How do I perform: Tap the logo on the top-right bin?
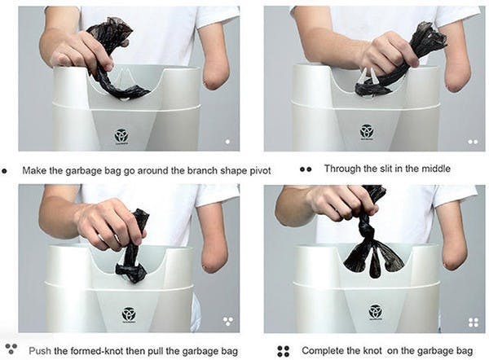[367, 131]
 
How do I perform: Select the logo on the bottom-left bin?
[129, 315]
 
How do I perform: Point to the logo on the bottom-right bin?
[375, 312]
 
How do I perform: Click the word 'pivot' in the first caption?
[260, 171]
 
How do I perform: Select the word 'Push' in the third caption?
[40, 351]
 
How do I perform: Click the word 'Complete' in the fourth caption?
[325, 351]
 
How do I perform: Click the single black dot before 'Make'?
[4, 171]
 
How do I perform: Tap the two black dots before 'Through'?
[306, 169]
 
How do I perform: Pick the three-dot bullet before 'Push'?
[11, 349]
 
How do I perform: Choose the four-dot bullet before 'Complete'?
[283, 351]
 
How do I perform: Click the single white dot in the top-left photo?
[227, 142]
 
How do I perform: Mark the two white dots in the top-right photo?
[473, 142]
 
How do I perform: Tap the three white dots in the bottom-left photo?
[228, 321]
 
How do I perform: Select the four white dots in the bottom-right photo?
[474, 323]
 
